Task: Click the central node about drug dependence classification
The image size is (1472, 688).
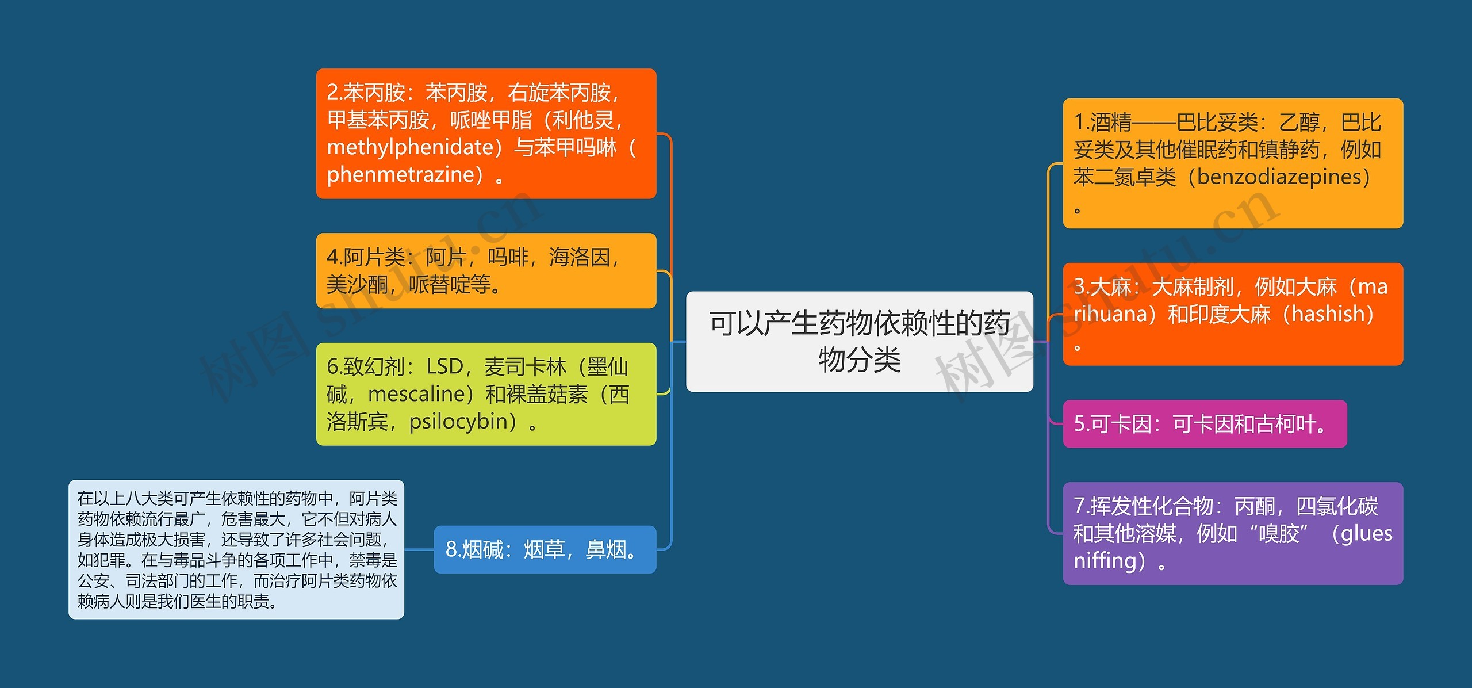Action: pos(859,341)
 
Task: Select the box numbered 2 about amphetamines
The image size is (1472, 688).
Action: pos(486,133)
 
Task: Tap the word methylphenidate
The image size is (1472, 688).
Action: pos(411,147)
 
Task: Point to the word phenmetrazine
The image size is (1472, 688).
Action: pos(405,174)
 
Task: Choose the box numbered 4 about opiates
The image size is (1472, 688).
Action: pos(486,270)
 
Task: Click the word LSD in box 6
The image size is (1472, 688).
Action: pos(444,366)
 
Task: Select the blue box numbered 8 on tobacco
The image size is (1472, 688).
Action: pos(545,549)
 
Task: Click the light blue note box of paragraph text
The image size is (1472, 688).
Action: pos(236,549)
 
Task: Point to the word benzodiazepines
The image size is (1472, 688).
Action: pos(1279,177)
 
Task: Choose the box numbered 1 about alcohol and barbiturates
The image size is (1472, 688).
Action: pos(1233,163)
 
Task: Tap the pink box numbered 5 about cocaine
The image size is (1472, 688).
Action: pos(1205,424)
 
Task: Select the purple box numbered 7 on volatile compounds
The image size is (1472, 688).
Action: pos(1233,533)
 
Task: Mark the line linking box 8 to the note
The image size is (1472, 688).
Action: pos(419,549)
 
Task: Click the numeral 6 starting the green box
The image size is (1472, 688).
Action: pos(332,366)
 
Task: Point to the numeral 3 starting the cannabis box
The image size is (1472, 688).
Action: pos(1079,286)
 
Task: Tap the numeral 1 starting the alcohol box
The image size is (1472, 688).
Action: pos(1079,123)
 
